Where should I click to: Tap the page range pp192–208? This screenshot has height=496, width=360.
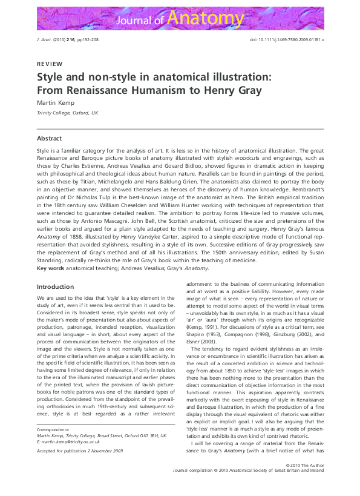click(91, 38)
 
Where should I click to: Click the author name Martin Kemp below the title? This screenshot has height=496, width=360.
click(57, 102)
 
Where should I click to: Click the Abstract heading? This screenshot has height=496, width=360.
click(50, 138)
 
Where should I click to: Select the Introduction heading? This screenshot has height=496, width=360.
click(55, 286)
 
